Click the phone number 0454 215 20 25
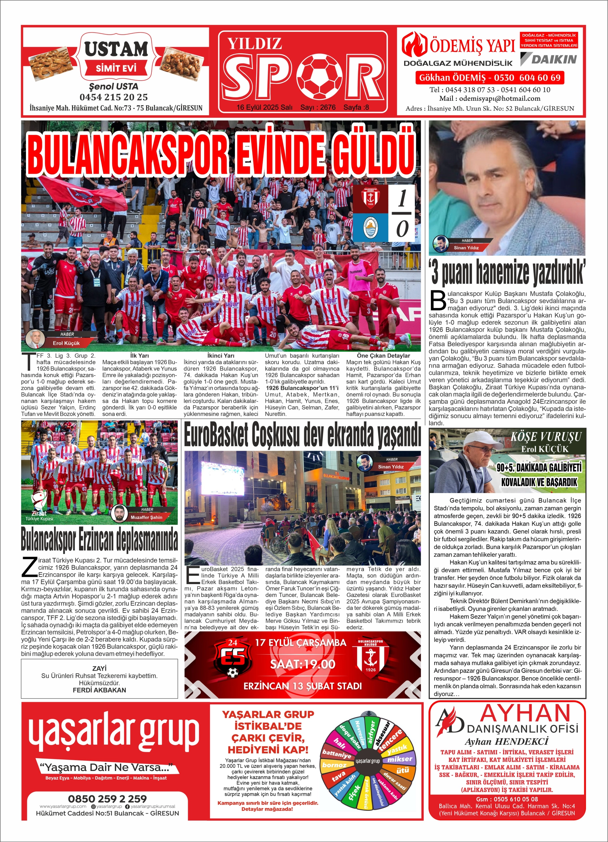[113, 97]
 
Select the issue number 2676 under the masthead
[328, 107]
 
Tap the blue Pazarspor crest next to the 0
[375, 227]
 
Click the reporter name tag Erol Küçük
[66, 343]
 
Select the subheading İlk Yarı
[139, 356]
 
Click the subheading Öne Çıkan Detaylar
[383, 356]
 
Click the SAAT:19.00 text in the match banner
[302, 664]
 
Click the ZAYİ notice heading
[99, 668]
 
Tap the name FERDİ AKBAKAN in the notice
[99, 690]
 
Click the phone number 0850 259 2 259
[107, 798]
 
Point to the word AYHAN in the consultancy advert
[525, 713]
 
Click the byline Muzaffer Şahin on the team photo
[146, 517]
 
